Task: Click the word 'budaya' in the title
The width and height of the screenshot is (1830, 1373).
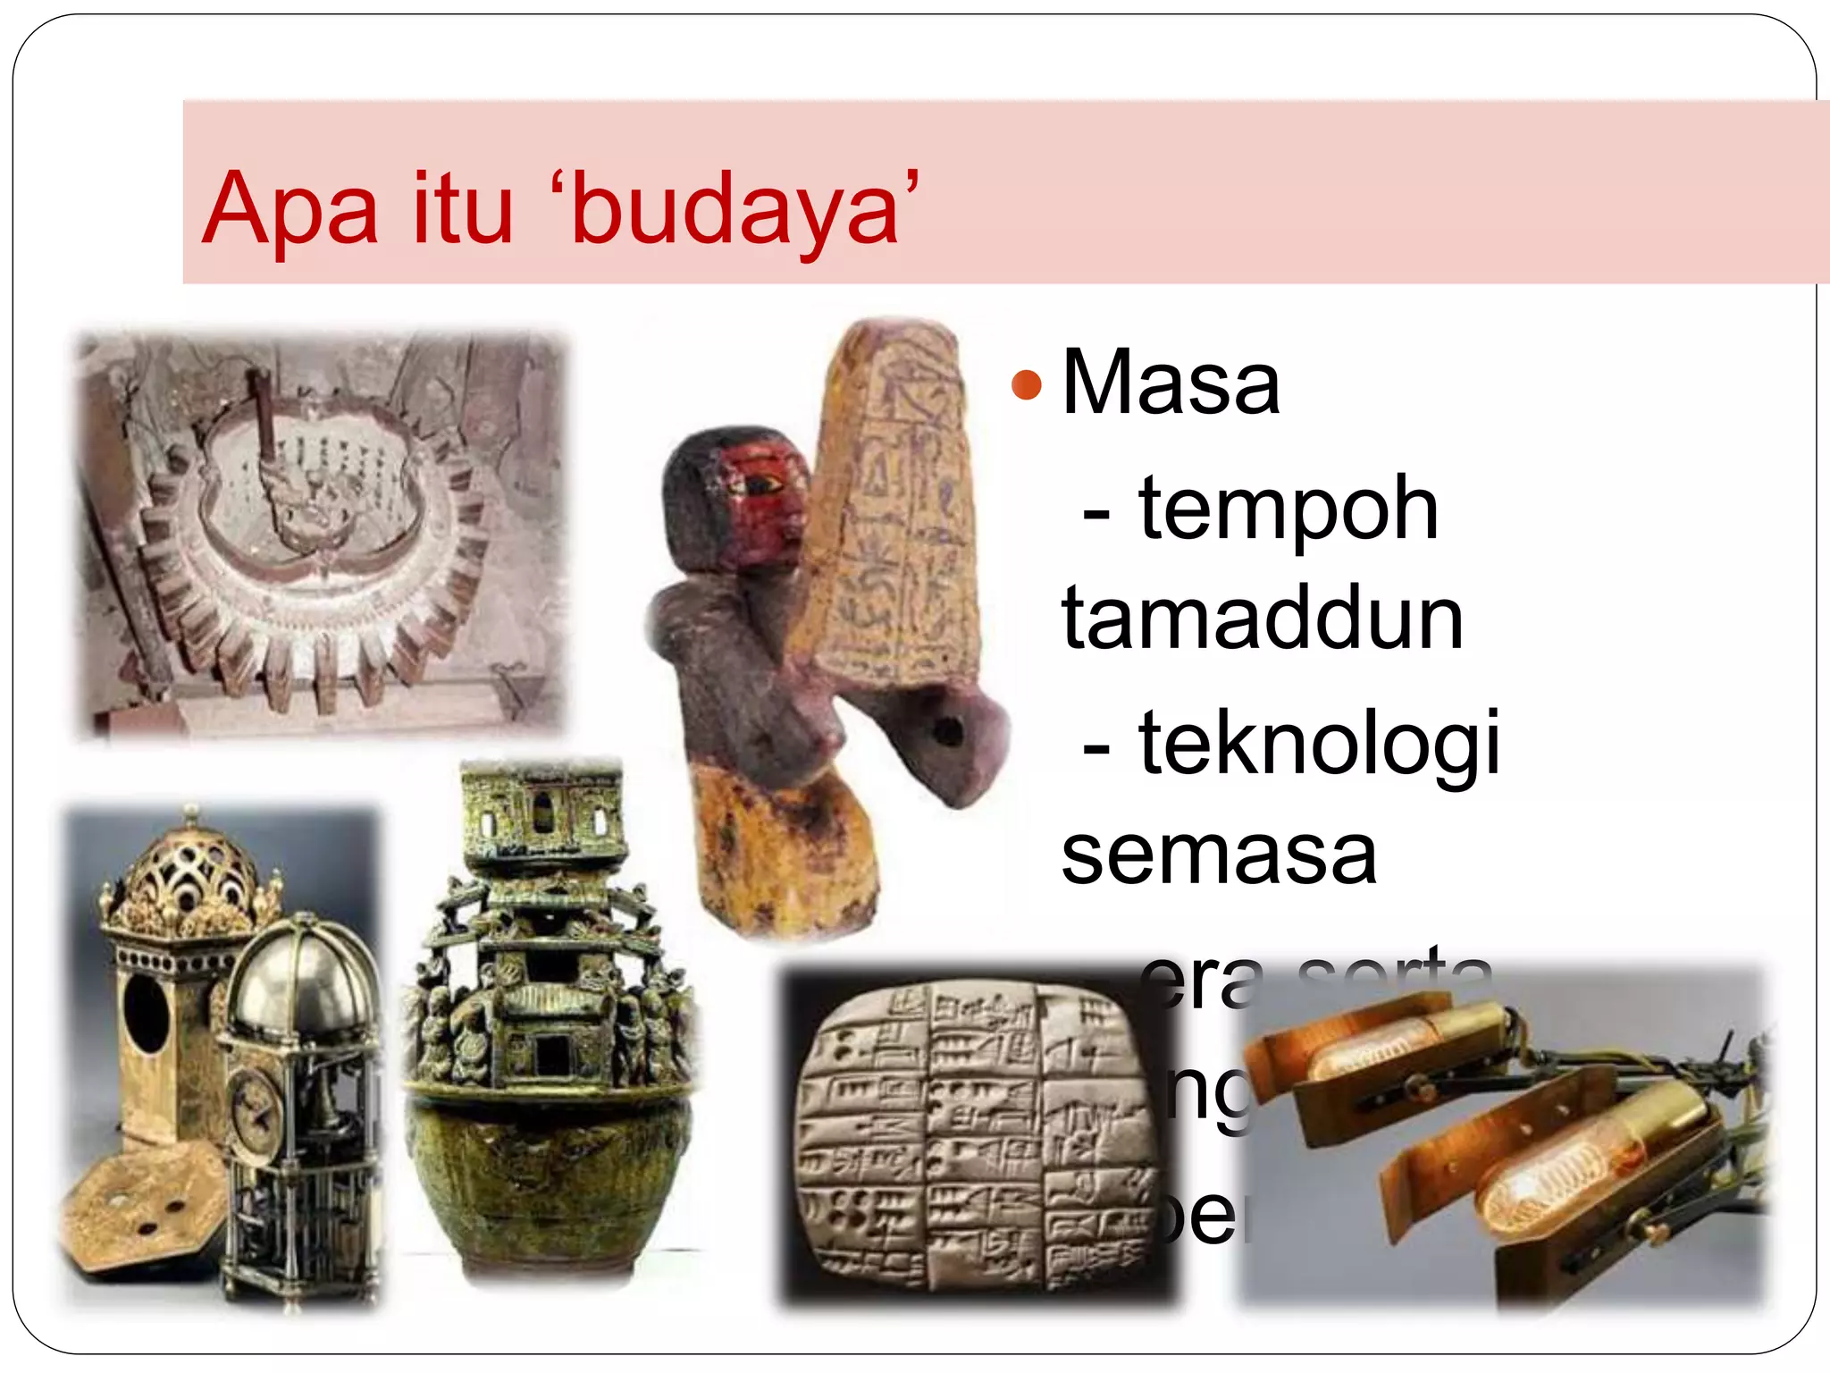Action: click(735, 209)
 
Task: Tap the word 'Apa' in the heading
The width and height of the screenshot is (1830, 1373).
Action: click(291, 209)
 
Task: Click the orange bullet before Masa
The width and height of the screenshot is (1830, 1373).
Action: click(1027, 385)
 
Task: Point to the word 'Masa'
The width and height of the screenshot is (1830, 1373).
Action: click(1171, 383)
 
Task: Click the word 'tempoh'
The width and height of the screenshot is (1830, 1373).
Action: click(1288, 509)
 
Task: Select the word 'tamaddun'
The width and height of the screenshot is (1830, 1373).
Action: click(1262, 619)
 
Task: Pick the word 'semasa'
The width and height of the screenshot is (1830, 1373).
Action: click(1219, 855)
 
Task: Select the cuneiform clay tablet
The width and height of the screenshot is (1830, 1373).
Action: click(974, 1135)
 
